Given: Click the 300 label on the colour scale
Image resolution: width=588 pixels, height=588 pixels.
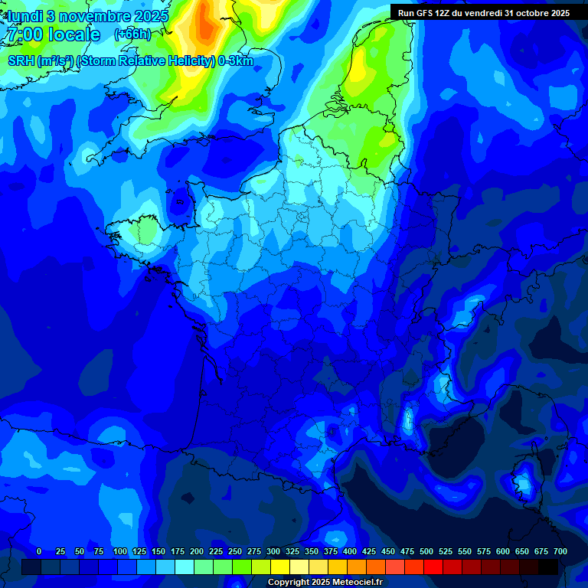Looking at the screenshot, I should coord(273,551).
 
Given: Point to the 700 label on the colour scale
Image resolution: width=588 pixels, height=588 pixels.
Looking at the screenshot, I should coord(560,551).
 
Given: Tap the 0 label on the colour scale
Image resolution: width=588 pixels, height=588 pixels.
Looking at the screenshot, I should coord(39,551).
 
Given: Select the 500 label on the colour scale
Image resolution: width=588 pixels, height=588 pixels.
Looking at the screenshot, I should coord(426,551).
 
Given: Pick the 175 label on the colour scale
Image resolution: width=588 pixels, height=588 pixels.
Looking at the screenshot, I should coord(178,551).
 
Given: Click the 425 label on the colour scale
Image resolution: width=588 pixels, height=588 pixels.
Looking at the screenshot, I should coord(369,551).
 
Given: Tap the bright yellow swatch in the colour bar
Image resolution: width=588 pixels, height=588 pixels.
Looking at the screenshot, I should coord(280,567).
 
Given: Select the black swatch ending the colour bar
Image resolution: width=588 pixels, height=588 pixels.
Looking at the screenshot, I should coord(548,567).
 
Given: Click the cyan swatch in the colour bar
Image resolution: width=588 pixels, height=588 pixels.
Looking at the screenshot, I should coord(185,567).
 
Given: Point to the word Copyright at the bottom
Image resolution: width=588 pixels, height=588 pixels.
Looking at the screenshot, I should coord(289,583).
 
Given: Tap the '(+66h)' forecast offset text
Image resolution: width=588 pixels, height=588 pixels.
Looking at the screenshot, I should coord(132,34).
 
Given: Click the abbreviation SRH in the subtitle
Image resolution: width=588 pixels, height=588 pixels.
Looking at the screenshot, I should coord(21,61).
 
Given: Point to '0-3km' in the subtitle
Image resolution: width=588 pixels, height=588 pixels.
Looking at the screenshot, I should coord(236,61).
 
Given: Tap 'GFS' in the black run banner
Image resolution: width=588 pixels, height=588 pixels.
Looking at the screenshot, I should coord(424,13).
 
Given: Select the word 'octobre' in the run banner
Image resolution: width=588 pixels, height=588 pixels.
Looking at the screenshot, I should coord(528,13).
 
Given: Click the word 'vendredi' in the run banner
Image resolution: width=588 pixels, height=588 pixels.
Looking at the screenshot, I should coord(485,13).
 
